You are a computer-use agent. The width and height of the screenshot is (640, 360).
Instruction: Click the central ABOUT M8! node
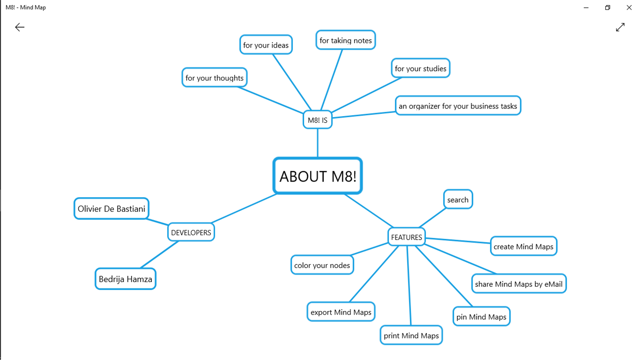[x=317, y=176]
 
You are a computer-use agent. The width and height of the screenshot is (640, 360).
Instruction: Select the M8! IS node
[x=317, y=120]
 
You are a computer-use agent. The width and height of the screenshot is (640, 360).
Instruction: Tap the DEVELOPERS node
[x=191, y=232]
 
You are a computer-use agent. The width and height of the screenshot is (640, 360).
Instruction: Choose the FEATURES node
[x=406, y=237]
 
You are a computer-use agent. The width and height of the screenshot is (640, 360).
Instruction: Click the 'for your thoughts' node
[x=214, y=78]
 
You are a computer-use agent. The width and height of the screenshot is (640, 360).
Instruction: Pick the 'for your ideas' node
[x=266, y=45]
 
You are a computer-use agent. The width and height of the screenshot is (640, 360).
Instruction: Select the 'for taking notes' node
[x=345, y=40]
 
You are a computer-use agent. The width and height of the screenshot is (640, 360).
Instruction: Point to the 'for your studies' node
[x=420, y=69]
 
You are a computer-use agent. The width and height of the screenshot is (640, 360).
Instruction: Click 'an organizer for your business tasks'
[x=457, y=106]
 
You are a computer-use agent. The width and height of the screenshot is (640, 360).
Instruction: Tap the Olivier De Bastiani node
[x=111, y=209]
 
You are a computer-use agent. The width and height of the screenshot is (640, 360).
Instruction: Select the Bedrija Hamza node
[x=125, y=279]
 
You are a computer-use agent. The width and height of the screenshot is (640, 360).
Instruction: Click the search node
[x=457, y=199]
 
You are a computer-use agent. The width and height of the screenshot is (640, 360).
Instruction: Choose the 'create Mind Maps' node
[x=523, y=247]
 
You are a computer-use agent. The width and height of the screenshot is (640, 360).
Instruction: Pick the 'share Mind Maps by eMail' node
[x=518, y=284]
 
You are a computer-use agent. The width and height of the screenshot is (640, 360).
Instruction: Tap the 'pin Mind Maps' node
[x=481, y=317]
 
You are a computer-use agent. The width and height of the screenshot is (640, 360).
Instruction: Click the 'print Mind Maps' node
[x=411, y=335]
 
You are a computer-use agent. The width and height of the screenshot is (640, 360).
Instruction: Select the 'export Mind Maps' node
[x=341, y=312]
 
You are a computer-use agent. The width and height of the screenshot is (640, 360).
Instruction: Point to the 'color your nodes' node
[x=322, y=265]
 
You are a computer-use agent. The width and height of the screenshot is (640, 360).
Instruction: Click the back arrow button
[x=20, y=27]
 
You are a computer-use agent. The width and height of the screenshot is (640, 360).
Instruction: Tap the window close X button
[x=629, y=7]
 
